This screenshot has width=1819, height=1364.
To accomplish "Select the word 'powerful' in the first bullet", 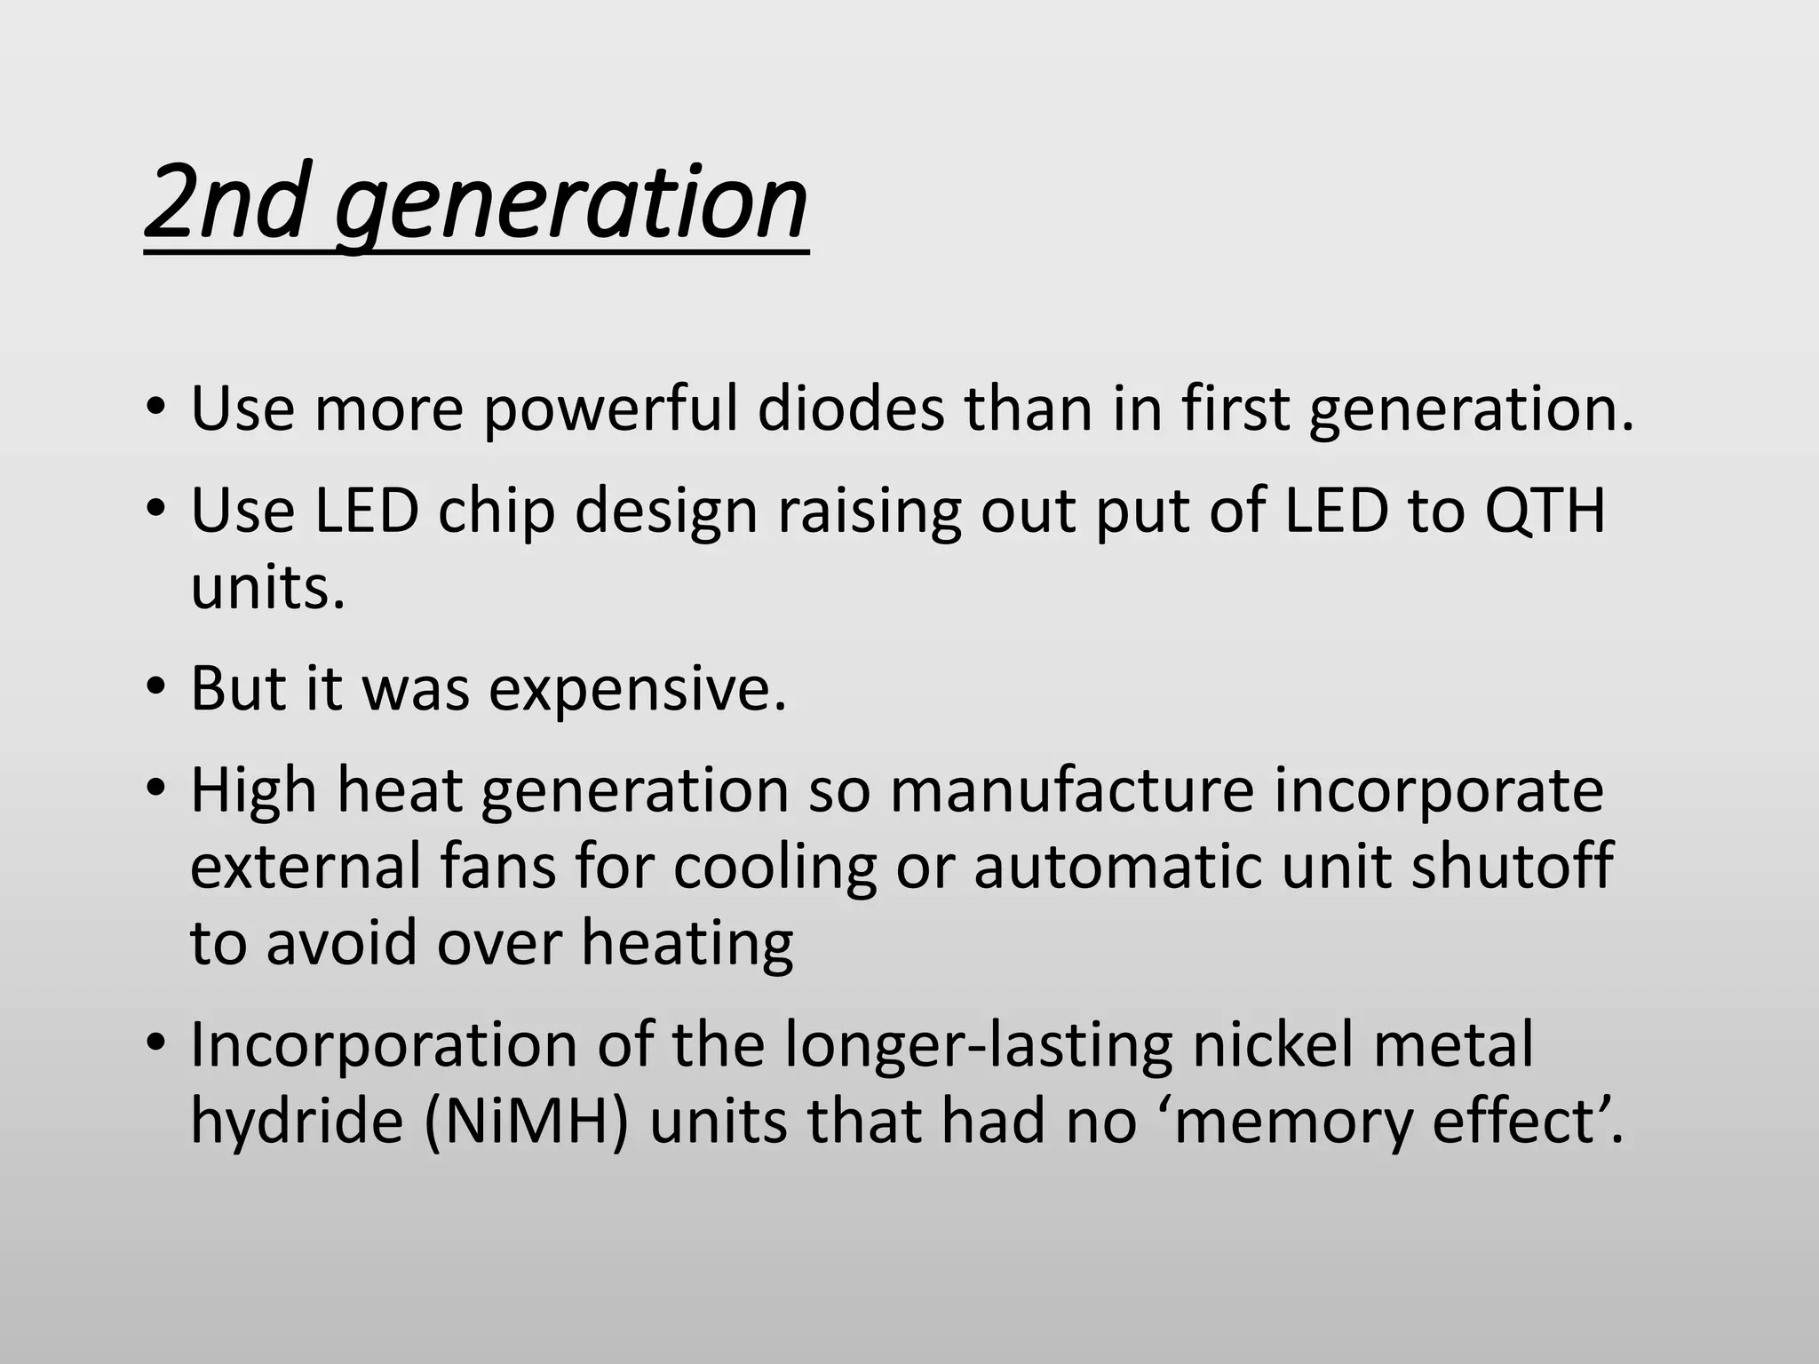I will (611, 410).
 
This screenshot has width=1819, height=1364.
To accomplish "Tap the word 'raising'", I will (870, 513).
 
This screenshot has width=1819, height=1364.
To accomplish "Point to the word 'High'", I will (254, 791).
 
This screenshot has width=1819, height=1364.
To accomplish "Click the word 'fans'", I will (498, 866).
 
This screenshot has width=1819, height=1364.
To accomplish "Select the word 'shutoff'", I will (1511, 866).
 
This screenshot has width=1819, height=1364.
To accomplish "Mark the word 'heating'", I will (687, 943).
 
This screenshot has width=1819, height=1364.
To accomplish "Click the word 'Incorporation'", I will (384, 1045).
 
